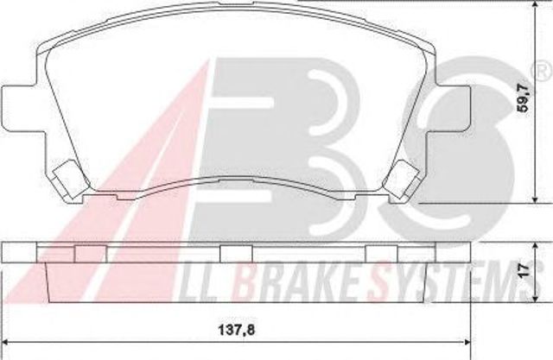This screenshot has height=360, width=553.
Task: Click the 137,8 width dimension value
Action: click(x=236, y=331)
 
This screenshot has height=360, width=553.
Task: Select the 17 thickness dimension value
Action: click(x=524, y=270)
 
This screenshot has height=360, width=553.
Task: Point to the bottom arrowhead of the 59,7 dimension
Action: click(x=536, y=199)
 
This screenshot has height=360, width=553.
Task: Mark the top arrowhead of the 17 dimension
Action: click(x=536, y=247)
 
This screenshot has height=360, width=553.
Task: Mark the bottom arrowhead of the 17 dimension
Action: click(x=536, y=298)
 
